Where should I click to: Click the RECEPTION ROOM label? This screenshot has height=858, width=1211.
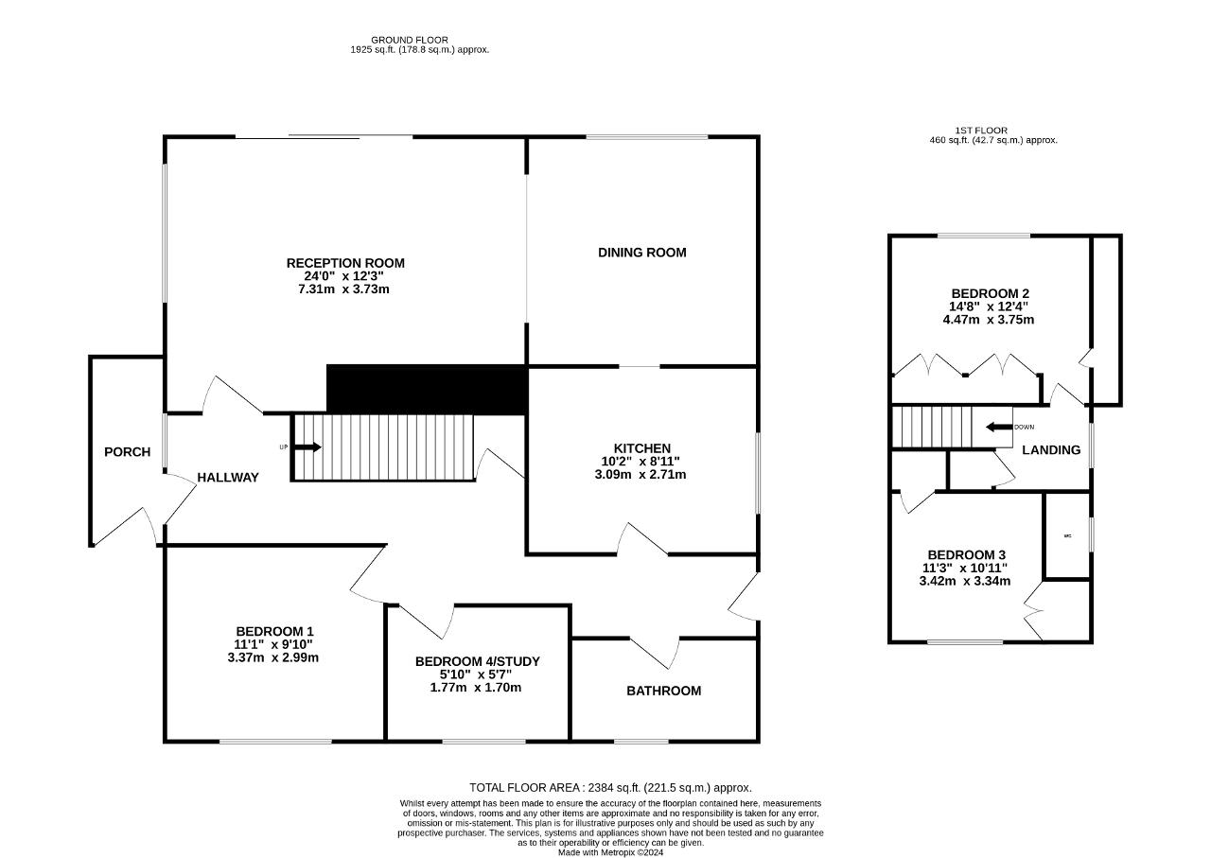coord(345,263)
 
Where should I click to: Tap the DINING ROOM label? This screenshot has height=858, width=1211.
coord(641,253)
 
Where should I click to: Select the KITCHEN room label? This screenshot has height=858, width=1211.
coord(641,448)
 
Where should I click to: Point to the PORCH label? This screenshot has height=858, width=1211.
coord(127,452)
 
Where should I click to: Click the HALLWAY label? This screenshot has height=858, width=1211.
coord(228,478)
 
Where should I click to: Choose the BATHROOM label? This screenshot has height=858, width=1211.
coord(663,692)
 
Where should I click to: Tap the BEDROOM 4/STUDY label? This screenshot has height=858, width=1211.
coord(477,661)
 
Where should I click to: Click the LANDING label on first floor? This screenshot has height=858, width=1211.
coord(1051,450)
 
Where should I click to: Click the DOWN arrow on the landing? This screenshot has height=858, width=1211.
coord(999,427)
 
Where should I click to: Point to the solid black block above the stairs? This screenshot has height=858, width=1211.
coord(426,389)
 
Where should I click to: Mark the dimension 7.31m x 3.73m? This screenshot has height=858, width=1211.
coord(343,289)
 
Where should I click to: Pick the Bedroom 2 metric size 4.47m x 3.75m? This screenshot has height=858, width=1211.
coord(988,320)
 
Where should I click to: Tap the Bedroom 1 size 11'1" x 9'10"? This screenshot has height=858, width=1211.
coord(274,644)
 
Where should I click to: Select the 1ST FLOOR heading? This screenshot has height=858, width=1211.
coord(980,131)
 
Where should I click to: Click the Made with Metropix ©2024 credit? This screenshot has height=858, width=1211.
coord(610,852)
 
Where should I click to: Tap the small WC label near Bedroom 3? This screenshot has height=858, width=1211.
coord(1067,536)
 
